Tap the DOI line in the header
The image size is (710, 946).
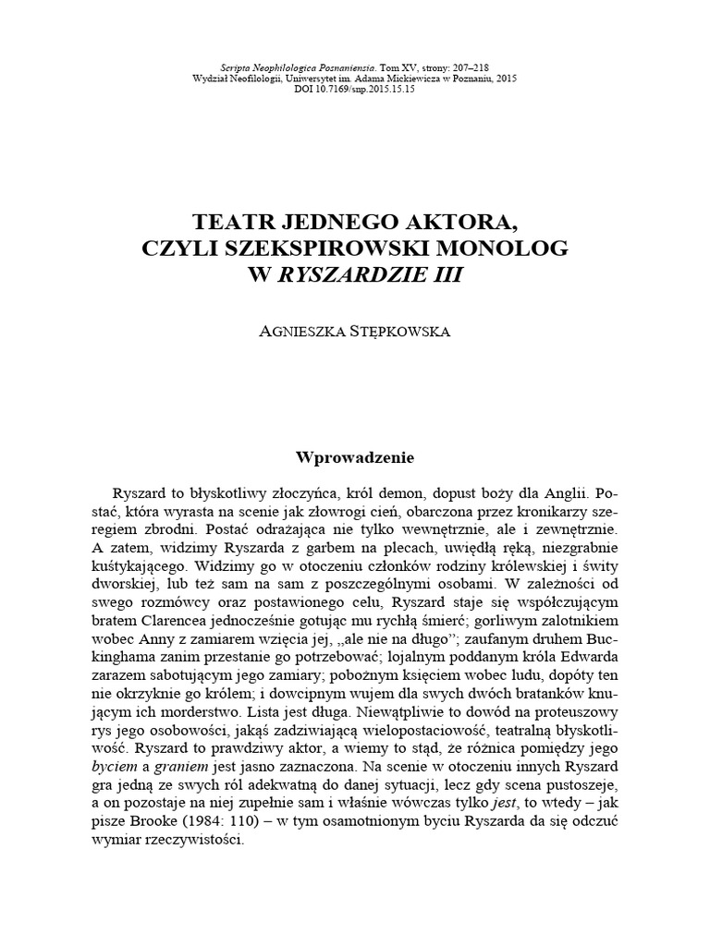pos(356,91)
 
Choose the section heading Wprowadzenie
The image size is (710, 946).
pos(355,456)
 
